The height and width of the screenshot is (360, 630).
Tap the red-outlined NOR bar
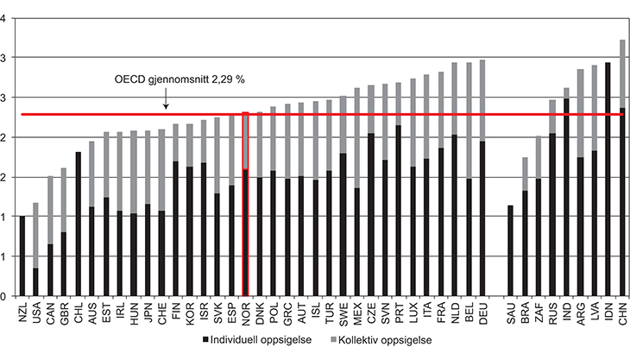pos(246,203)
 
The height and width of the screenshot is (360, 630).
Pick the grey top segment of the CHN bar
pos(623,73)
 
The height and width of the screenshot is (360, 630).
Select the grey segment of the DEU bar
pos(482,100)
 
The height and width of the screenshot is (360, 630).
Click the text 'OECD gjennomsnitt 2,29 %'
pos(180,79)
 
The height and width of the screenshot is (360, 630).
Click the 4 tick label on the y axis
pos(8,17)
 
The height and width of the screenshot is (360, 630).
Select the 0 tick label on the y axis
pos(8,296)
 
